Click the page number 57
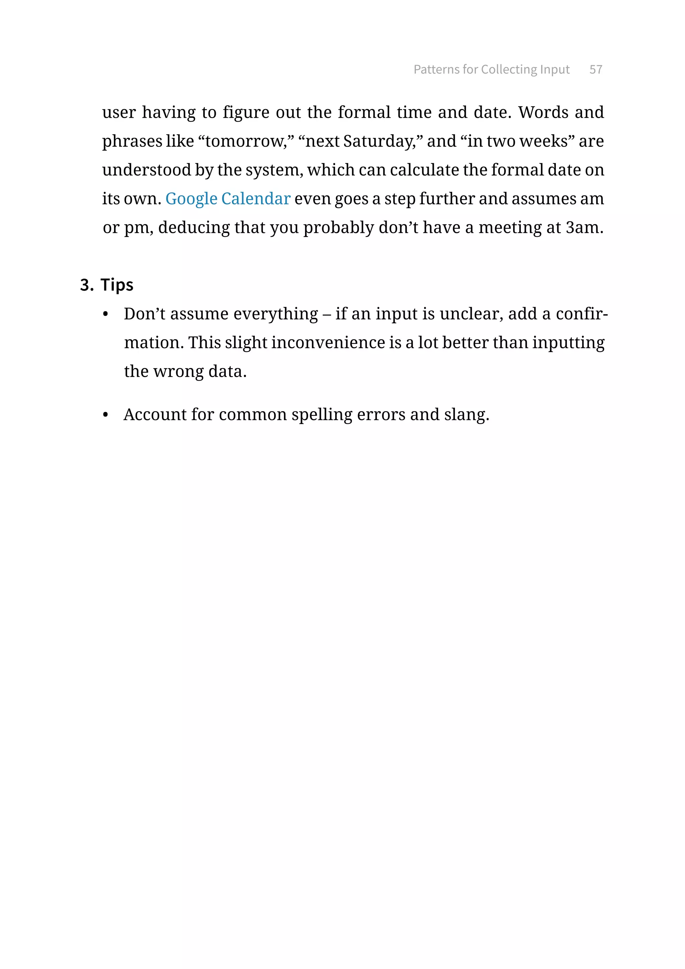[x=596, y=69]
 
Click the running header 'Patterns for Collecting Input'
[x=491, y=69]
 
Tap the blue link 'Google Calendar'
[x=228, y=198]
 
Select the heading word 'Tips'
[x=117, y=285]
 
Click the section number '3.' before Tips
[x=87, y=285]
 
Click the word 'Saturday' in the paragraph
[x=378, y=141]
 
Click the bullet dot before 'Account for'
[x=105, y=415]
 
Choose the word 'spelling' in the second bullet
[x=322, y=415]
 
